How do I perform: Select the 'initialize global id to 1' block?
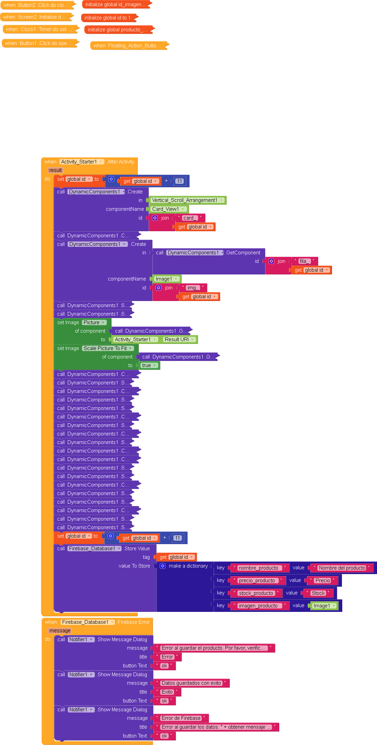pyautogui.click(x=107, y=18)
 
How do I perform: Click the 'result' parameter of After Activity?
pyautogui.click(x=55, y=170)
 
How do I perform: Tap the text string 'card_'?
pyautogui.click(x=189, y=218)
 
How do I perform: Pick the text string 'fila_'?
pyautogui.click(x=303, y=261)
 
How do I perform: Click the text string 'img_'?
pyautogui.click(x=192, y=288)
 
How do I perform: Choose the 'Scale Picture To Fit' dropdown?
pyautogui.click(x=108, y=348)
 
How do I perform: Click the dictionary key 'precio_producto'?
pyautogui.click(x=257, y=581)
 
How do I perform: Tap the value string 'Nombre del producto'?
pyautogui.click(x=342, y=568)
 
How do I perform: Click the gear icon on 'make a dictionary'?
pyautogui.click(x=163, y=566)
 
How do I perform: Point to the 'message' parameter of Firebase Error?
pyautogui.click(x=60, y=631)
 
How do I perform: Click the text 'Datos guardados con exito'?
pyautogui.click(x=191, y=683)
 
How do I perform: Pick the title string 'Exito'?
pyautogui.click(x=167, y=692)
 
